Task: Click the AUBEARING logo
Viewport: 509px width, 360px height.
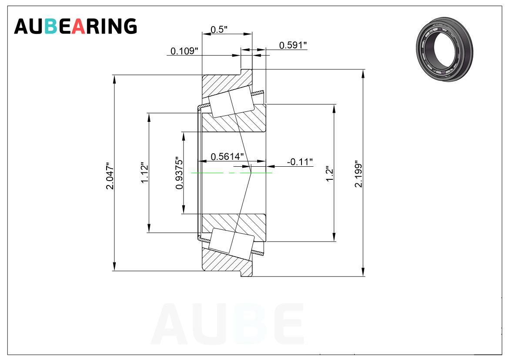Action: (75, 26)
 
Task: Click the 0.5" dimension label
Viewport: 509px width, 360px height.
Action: (219, 30)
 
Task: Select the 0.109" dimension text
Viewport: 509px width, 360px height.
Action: (184, 51)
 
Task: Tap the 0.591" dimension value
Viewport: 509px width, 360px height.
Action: (293, 45)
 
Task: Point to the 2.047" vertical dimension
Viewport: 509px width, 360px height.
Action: (111, 176)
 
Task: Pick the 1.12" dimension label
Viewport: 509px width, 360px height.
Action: (145, 172)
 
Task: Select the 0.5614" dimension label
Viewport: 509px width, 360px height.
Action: (227, 157)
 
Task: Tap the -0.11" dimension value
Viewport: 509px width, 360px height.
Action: (300, 161)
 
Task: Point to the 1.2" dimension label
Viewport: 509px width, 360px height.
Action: (329, 174)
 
